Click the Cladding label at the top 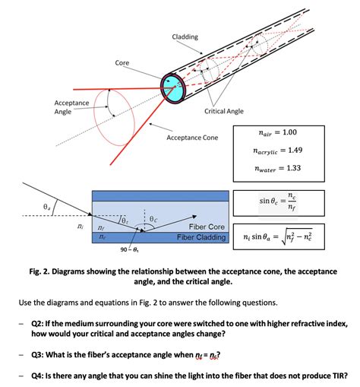185,37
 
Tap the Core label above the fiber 122,62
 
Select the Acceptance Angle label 71,107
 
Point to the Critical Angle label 224,111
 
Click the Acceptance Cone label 191,138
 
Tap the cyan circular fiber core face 172,84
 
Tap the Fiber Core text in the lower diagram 206,227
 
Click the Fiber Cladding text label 201,237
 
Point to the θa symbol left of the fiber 27,206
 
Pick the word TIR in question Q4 332,373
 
